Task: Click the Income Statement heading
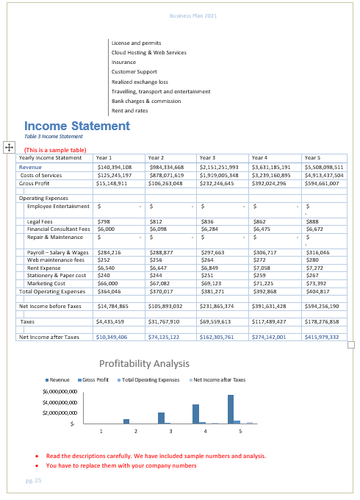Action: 77,126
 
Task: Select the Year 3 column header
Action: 207,157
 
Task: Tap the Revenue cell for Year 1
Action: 114,167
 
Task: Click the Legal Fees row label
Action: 40,221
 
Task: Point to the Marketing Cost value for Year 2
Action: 159,283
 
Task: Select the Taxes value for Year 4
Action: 268,321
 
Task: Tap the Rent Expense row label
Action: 44,268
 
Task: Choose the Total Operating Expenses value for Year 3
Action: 213,291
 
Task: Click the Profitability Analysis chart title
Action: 144,364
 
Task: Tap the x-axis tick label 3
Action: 170,430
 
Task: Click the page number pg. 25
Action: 34,480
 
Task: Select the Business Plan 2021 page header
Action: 193,15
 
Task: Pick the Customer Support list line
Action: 134,72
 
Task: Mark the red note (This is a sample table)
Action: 55,149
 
